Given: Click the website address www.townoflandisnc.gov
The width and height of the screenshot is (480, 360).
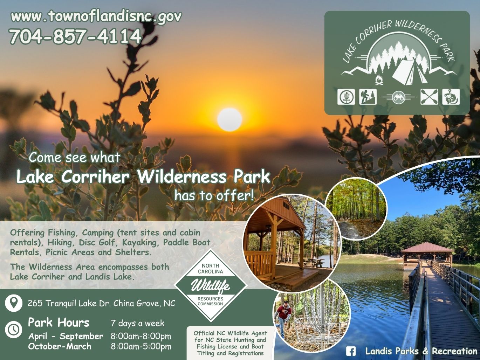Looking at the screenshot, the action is click(x=96, y=16).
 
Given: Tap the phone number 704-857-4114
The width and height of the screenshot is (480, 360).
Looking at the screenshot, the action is click(x=75, y=37).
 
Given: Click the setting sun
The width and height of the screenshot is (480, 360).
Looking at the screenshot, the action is click(x=229, y=119).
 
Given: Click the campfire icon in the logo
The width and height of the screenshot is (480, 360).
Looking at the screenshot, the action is click(x=379, y=80).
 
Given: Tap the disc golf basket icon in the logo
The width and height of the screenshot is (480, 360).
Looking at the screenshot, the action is click(x=346, y=97).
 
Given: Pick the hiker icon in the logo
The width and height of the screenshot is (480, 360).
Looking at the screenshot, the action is click(x=368, y=97).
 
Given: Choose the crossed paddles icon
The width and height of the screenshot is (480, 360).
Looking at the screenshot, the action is click(x=429, y=97).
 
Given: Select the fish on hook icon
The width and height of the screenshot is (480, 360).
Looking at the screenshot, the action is click(x=451, y=97).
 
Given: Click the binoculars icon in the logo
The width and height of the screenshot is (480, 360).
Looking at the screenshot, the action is click(x=398, y=97).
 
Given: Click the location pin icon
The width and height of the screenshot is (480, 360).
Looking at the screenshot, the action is click(x=14, y=303).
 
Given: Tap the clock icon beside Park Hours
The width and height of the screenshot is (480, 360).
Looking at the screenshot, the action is click(x=14, y=329).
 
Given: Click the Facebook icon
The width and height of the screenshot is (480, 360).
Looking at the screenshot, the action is click(x=351, y=352).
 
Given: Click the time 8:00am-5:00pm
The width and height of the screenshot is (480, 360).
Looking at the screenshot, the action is click(x=141, y=346).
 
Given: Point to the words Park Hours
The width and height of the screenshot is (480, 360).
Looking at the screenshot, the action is click(x=59, y=323).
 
